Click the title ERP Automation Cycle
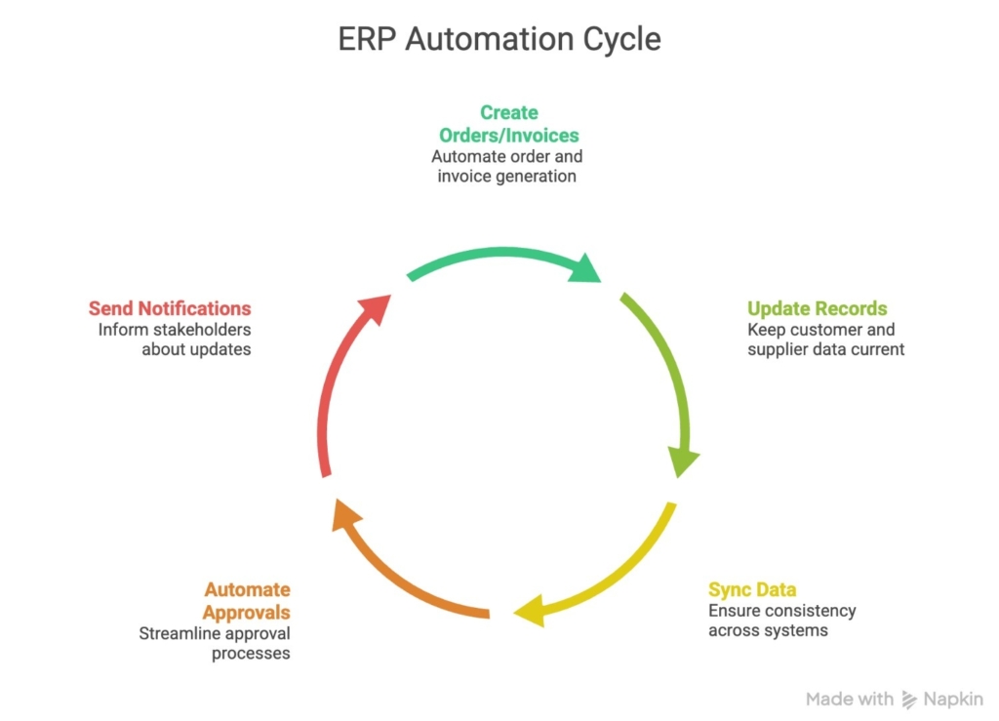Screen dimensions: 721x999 499,39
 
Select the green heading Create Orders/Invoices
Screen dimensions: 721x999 508,124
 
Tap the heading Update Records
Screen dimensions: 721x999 817,308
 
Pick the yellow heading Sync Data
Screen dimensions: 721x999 751,589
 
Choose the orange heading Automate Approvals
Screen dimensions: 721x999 247,600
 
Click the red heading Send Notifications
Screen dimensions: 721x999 170,308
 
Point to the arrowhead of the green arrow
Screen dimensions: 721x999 585,268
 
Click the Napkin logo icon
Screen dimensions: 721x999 909,699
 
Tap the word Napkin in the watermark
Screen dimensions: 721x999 953,699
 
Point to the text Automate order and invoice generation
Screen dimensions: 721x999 507,166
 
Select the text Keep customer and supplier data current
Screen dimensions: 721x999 825,340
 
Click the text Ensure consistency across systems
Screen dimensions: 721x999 781,621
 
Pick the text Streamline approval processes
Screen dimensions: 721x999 215,643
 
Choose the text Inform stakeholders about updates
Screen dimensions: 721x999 175,340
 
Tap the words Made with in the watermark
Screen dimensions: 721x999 849,699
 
